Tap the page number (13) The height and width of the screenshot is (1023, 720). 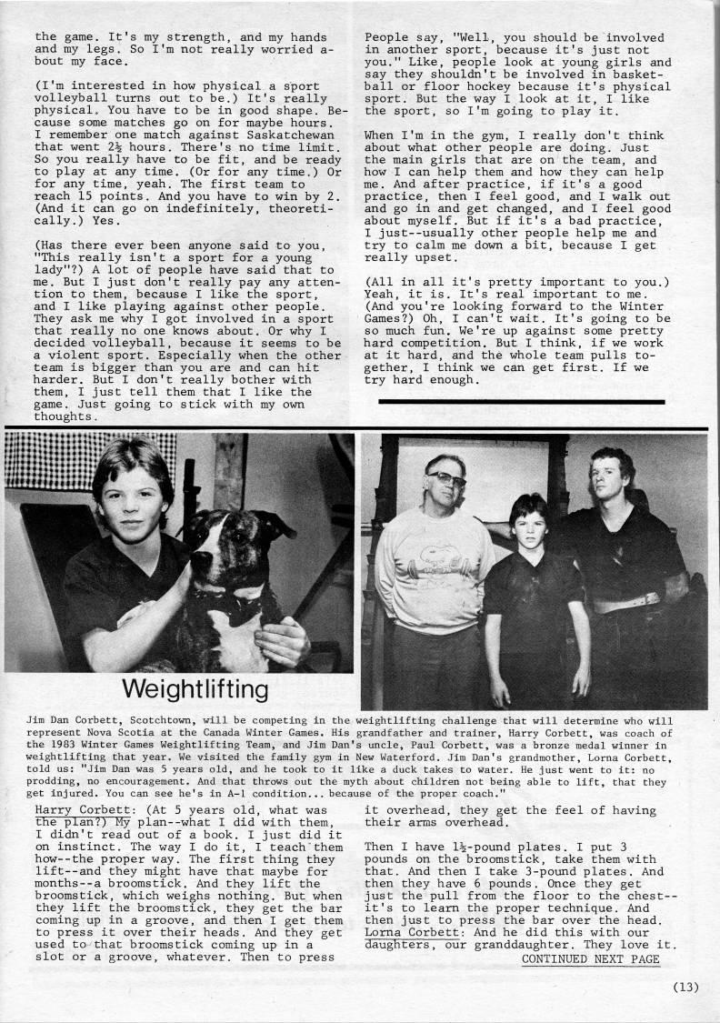click(685, 988)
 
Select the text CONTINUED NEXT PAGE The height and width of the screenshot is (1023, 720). click(590, 958)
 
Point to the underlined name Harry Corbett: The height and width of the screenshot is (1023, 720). click(74, 808)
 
